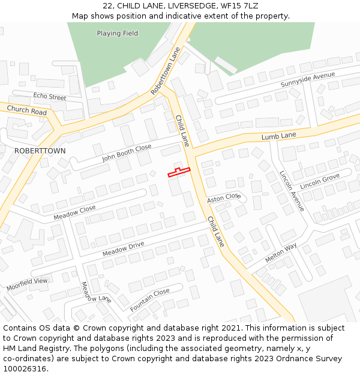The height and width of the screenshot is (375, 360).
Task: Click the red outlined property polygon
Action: click(178, 173)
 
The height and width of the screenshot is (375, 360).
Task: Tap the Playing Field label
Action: click(117, 34)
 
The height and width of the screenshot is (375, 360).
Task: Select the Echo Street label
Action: click(50, 97)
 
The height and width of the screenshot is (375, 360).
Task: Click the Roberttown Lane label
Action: click(166, 71)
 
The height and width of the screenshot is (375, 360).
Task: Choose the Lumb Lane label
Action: click(278, 137)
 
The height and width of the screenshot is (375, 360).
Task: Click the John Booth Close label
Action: click(127, 154)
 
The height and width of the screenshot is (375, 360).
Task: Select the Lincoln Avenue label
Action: click(291, 191)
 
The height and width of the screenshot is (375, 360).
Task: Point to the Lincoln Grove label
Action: click(320, 181)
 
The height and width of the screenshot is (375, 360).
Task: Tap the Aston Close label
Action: click(223, 198)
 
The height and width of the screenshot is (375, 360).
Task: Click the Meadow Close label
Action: click(74, 212)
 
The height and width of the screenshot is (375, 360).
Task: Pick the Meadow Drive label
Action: click(123, 249)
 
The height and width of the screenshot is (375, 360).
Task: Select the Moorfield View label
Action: click(27, 284)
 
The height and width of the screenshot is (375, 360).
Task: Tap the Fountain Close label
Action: click(150, 300)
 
